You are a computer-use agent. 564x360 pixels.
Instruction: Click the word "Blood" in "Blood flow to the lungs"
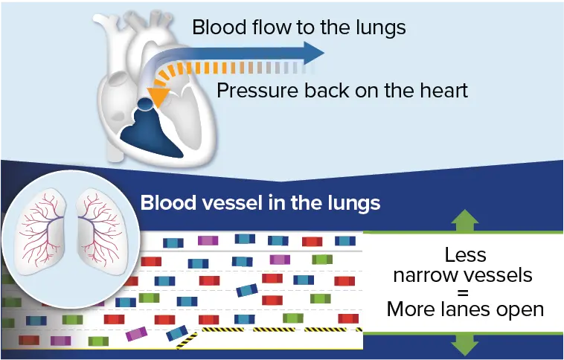(214, 28)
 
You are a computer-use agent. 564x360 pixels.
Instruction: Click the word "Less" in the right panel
(465, 255)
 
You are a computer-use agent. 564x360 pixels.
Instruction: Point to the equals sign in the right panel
(465, 292)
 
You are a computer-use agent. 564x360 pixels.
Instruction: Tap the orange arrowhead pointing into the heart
(156, 96)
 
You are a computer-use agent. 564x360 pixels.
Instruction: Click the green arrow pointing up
(465, 220)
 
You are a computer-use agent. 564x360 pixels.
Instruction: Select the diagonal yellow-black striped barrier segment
(187, 341)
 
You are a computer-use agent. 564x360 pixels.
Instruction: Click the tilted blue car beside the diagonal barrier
(177, 332)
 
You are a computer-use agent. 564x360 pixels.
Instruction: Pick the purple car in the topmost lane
(208, 240)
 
